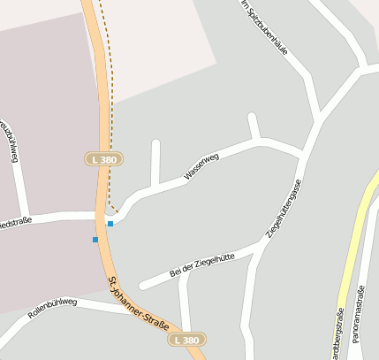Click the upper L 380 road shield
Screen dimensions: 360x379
click(x=103, y=159)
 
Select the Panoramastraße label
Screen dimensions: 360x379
click(x=358, y=314)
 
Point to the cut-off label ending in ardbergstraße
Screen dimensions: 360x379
click(x=338, y=333)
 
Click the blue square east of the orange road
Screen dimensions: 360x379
click(x=110, y=224)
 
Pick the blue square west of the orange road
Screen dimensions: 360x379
click(x=95, y=240)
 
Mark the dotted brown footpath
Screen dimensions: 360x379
click(x=105, y=88)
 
